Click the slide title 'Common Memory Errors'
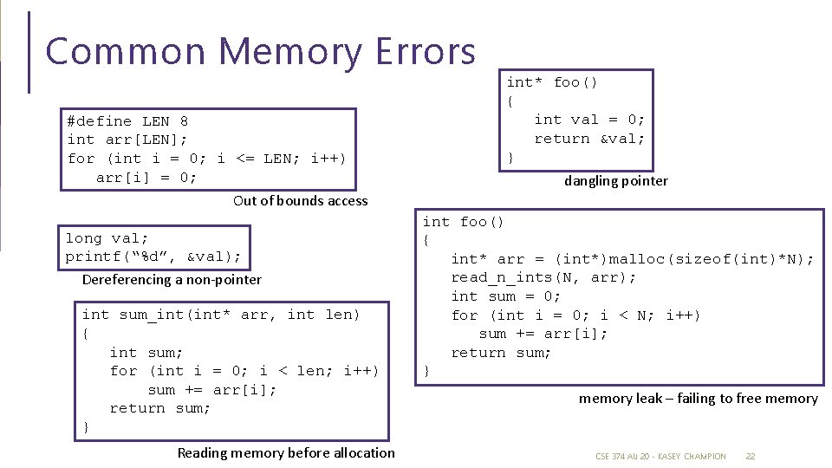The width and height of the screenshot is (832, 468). tap(260, 52)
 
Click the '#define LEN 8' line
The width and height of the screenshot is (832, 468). tap(127, 121)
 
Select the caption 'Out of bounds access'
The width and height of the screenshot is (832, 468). tap(300, 201)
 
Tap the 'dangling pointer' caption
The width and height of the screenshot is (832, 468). tap(615, 181)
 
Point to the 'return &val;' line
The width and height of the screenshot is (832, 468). tap(589, 139)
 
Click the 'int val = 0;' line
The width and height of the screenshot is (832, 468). tap(589, 120)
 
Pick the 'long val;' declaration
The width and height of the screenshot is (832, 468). tap(107, 238)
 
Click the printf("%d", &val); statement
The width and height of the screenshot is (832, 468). tap(153, 257)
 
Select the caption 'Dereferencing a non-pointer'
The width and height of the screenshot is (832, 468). tap(172, 280)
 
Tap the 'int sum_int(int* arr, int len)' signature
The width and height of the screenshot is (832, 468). tap(220, 315)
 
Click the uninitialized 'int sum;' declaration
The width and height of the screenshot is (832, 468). tap(146, 353)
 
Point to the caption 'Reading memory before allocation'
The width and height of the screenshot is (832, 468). tap(286, 453)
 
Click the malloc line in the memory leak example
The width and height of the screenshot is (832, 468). tap(632, 259)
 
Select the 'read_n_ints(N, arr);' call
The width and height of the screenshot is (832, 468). tap(543, 277)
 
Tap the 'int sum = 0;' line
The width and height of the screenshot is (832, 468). tap(506, 296)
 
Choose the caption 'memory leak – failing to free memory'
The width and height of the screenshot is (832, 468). tap(698, 399)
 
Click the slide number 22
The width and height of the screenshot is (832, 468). tap(751, 456)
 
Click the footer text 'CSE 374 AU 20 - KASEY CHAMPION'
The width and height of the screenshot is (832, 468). tap(660, 456)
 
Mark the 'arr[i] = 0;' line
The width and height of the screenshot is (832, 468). tap(146, 178)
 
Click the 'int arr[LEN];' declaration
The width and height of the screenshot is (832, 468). tap(127, 140)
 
